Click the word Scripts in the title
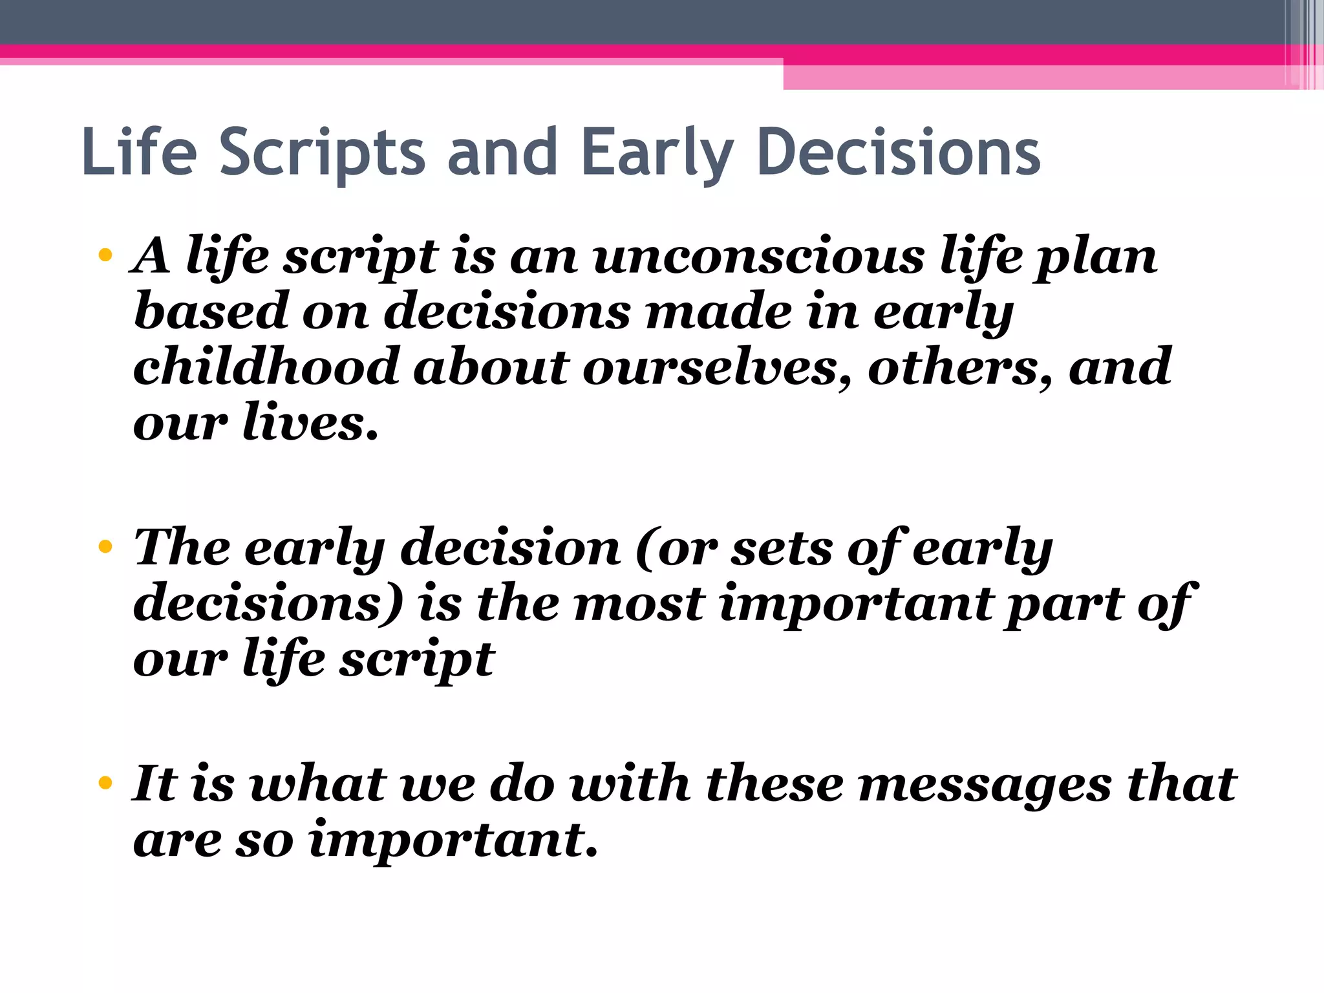point(323,153)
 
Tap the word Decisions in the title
point(898,153)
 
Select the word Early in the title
point(657,153)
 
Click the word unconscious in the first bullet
point(758,257)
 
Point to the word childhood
point(266,367)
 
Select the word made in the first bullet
point(718,312)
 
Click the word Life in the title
point(139,153)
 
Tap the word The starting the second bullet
point(182,548)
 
